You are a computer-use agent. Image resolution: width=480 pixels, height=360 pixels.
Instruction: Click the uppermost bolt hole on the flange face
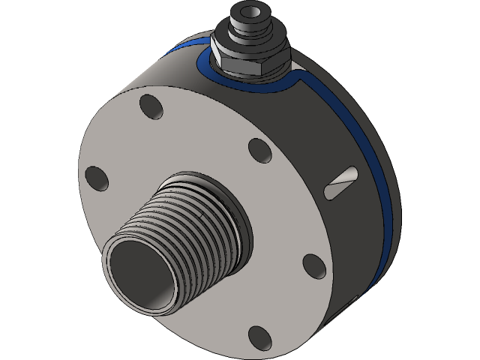pyautogui.click(x=150, y=107)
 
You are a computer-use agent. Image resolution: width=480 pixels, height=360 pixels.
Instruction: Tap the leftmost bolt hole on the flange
pyautogui.click(x=97, y=178)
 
